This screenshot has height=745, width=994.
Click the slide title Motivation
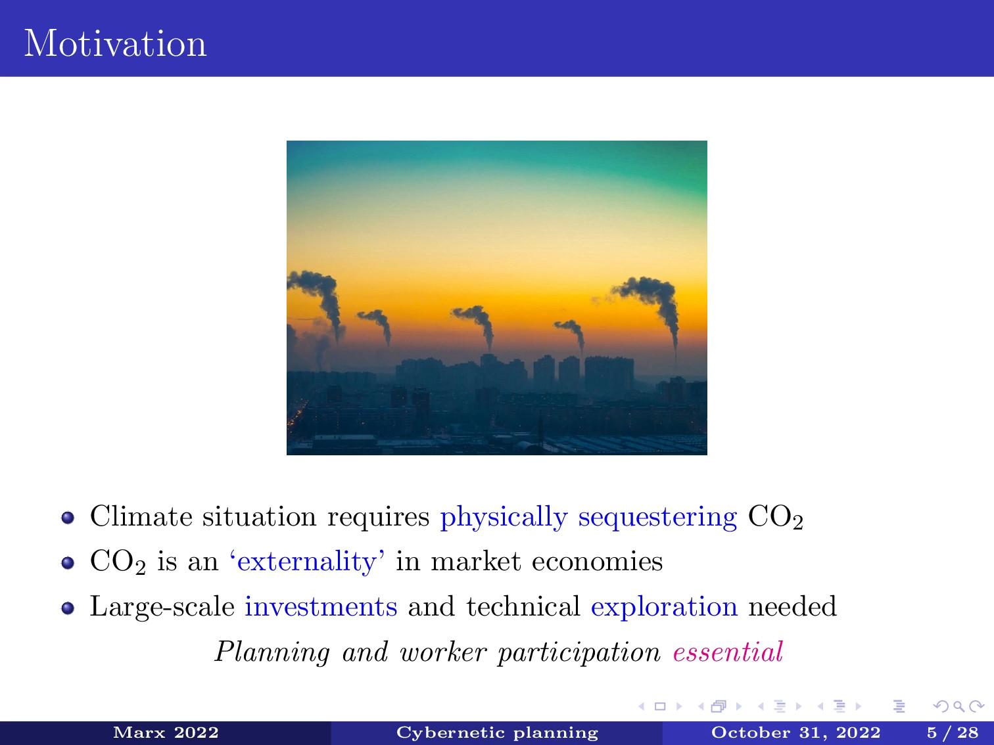[116, 43]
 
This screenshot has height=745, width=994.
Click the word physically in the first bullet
[504, 517]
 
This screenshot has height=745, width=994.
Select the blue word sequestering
[657, 518]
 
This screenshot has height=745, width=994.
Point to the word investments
[321, 606]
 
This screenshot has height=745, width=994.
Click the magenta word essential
[728, 652]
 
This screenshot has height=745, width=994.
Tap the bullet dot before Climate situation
[68, 518]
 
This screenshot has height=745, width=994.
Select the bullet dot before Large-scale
[68, 608]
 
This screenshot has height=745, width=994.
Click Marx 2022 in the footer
[166, 733]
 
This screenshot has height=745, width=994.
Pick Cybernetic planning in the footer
[497, 733]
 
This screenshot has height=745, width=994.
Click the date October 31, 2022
[795, 733]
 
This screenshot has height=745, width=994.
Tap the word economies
[597, 561]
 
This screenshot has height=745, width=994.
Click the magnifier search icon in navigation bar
[958, 706]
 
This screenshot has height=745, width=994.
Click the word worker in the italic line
[443, 652]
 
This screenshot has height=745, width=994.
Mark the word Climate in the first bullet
[141, 516]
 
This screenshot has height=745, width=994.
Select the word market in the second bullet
[475, 561]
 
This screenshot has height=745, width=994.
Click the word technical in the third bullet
[523, 606]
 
